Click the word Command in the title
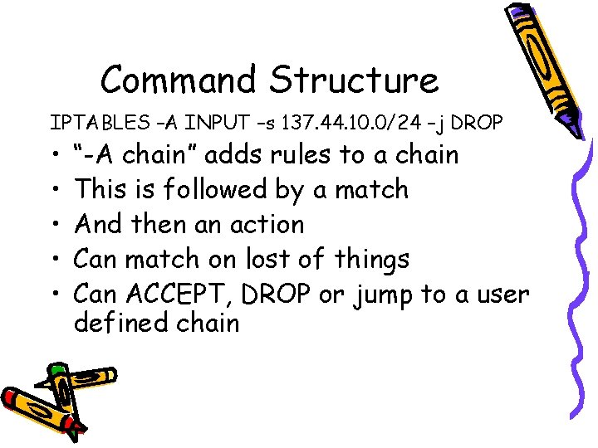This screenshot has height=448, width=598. pos(179,80)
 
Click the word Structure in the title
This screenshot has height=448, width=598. pos(353,80)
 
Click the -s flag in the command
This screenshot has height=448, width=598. pos(267,124)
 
